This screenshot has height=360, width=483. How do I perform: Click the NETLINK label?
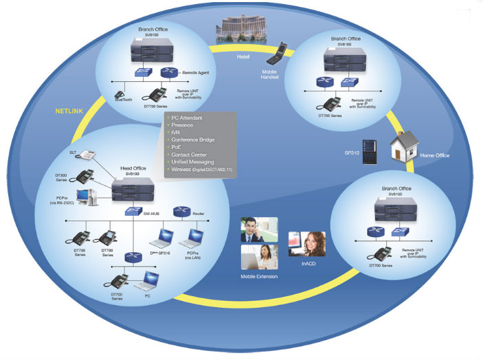69,110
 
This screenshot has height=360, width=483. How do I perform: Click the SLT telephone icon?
87,155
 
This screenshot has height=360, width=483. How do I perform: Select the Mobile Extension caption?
259,276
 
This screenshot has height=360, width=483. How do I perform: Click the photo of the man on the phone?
259,229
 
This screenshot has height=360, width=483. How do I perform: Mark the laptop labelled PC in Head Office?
150,280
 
